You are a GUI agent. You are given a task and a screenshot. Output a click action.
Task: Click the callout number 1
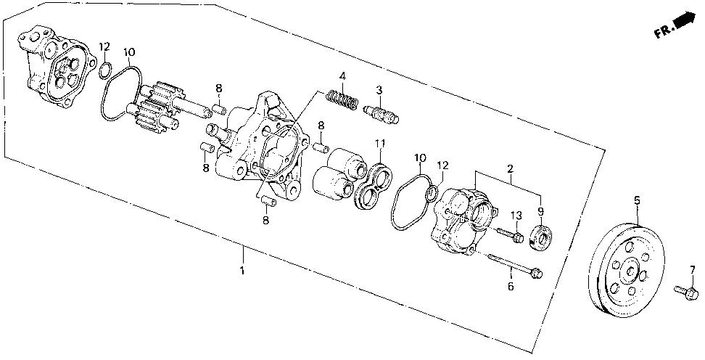[242, 271]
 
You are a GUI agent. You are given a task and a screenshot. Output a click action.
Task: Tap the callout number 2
[511, 169]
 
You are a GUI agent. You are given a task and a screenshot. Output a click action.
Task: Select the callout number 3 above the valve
[379, 90]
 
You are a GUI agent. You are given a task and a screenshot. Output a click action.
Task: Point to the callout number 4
[342, 75]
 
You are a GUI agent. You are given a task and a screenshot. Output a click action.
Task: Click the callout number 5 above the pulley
[637, 200]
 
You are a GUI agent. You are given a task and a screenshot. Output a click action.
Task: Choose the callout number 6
[511, 286]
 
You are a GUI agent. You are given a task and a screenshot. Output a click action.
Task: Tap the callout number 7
[692, 269]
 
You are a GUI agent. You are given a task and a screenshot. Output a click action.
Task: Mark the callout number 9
[540, 210]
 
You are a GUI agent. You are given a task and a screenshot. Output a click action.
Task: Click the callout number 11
[380, 144]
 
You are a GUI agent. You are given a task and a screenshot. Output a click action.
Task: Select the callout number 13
[516, 216]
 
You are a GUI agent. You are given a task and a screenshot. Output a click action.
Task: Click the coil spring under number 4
[342, 101]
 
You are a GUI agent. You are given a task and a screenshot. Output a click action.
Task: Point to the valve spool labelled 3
[381, 114]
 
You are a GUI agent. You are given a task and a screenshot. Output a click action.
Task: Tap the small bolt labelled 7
[686, 292]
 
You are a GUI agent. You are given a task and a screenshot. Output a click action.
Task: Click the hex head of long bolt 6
[537, 273]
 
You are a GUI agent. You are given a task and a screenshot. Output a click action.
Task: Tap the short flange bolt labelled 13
[510, 235]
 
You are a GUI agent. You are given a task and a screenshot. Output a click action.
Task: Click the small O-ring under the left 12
[104, 70]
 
